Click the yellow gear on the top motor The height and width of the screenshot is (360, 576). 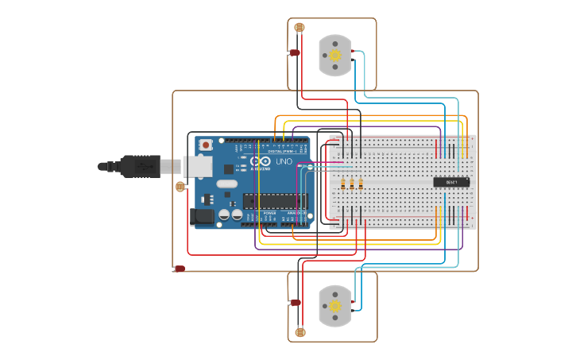(335, 55)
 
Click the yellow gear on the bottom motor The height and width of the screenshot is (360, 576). (335, 306)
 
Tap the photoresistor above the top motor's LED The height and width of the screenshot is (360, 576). (300, 28)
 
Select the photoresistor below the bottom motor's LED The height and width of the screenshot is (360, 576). (300, 332)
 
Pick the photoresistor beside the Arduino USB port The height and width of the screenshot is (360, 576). (180, 187)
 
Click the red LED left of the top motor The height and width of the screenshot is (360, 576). (294, 52)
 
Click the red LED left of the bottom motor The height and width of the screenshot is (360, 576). (296, 303)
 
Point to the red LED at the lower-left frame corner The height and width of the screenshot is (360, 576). (180, 269)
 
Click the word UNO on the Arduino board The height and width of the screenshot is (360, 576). (284, 162)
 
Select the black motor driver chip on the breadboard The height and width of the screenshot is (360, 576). (451, 182)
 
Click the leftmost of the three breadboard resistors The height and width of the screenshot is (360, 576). (343, 184)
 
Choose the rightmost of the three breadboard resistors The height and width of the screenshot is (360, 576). (361, 184)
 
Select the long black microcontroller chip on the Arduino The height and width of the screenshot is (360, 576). (274, 202)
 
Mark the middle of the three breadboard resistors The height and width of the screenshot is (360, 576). (352, 184)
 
